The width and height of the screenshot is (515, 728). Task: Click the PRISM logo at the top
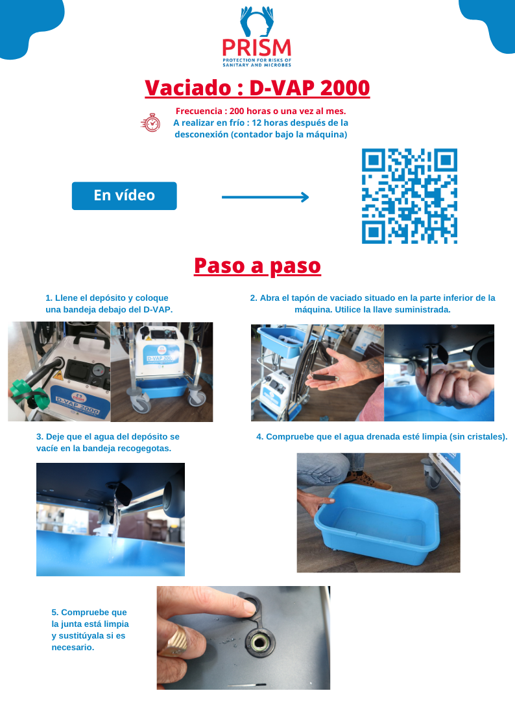(257, 37)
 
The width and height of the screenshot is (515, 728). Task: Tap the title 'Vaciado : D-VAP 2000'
(257, 88)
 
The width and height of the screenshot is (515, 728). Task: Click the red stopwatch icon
(151, 123)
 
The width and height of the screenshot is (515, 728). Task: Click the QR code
(409, 196)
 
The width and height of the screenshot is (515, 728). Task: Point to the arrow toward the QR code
(265, 197)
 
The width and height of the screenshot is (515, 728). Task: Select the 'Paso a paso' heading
(257, 266)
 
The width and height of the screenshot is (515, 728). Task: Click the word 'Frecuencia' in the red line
(198, 111)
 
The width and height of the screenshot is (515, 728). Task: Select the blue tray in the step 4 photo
(377, 523)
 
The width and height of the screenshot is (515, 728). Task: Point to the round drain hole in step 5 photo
(259, 642)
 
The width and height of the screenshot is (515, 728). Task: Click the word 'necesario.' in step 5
(73, 647)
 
